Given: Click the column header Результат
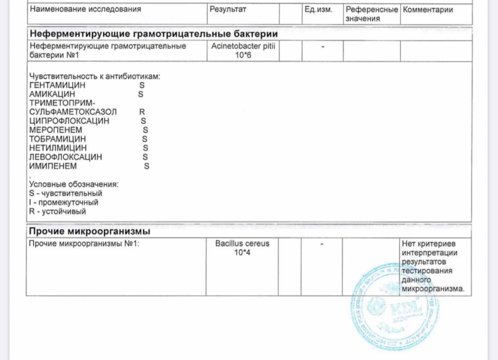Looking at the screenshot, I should [228, 9].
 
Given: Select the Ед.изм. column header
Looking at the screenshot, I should [318, 9].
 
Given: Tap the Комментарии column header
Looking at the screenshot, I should [428, 10].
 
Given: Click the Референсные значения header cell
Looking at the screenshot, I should [372, 14].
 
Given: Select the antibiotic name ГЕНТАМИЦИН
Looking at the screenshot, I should [57, 85].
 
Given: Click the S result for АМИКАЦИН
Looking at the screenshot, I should [141, 94].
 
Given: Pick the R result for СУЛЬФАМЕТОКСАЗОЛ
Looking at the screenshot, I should [142, 112].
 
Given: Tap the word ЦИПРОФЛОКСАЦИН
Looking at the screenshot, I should [69, 121].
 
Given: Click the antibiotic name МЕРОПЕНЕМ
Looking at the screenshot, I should [55, 130].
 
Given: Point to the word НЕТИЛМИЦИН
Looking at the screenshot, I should [58, 148].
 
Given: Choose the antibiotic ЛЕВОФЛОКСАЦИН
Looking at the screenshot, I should [65, 157].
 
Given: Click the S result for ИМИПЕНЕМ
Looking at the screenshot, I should [147, 166].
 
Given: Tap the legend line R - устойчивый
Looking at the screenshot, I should [57, 212].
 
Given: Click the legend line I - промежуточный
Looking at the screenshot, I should [64, 203].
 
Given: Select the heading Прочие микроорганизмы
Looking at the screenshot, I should [89, 231].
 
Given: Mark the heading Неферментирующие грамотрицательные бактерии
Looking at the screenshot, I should [154, 34].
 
